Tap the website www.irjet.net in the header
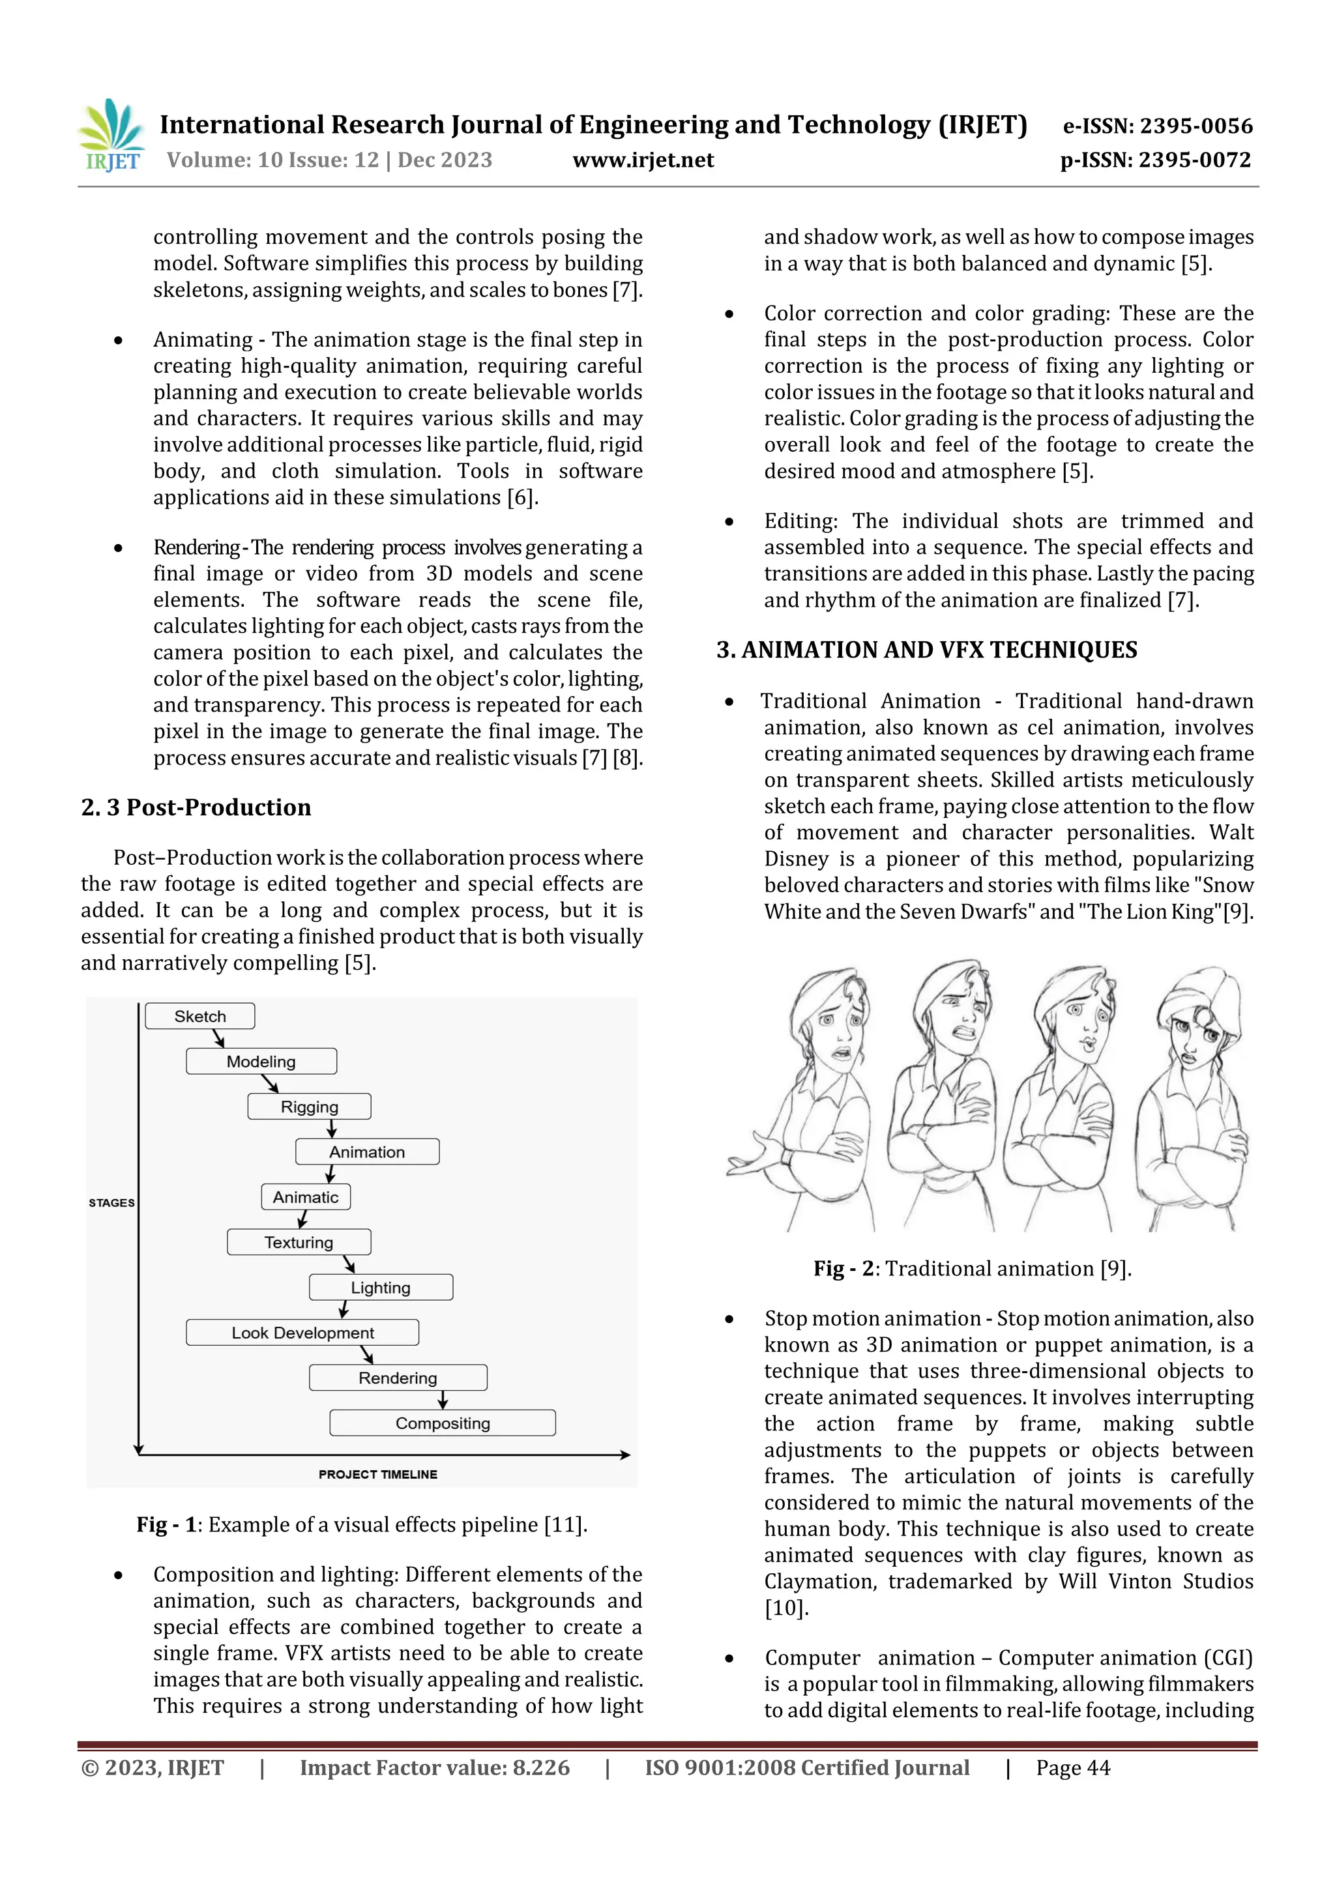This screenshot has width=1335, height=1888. click(x=643, y=160)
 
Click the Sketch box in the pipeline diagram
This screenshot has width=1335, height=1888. click(x=200, y=1017)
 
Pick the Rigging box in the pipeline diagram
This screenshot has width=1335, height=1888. click(x=309, y=1107)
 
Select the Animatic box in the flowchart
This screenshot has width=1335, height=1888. click(x=306, y=1197)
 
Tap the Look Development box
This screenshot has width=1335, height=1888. click(x=302, y=1333)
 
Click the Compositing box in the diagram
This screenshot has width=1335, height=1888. click(x=443, y=1423)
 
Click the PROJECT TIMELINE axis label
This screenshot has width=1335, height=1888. click(x=378, y=1474)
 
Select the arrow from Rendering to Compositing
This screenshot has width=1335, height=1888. click(x=443, y=1401)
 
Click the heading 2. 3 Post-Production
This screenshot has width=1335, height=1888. click(x=197, y=807)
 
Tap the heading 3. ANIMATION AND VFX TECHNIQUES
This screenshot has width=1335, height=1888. click(x=927, y=650)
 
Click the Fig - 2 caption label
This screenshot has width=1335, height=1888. click(x=843, y=1269)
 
